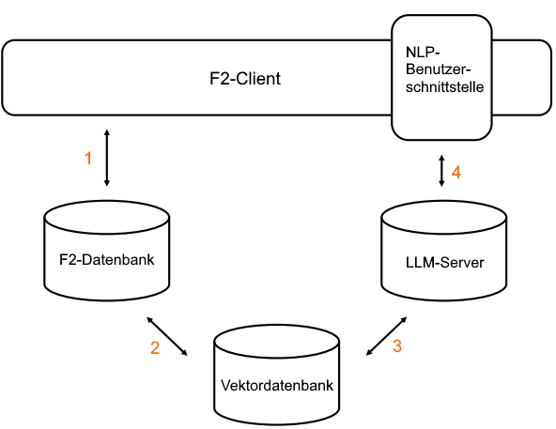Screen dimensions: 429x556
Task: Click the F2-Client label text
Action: click(x=244, y=78)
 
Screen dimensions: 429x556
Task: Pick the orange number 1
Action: click(x=88, y=159)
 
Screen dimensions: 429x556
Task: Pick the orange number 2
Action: click(x=155, y=348)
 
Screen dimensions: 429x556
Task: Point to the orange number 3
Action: click(x=397, y=346)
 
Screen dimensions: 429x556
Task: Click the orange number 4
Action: click(x=456, y=173)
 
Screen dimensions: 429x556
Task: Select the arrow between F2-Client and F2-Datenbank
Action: click(x=107, y=158)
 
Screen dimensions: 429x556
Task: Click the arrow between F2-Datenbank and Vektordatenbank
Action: click(x=167, y=335)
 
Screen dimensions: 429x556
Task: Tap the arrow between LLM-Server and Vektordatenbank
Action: click(x=385, y=334)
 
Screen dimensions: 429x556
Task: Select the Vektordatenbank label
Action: click(x=276, y=385)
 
